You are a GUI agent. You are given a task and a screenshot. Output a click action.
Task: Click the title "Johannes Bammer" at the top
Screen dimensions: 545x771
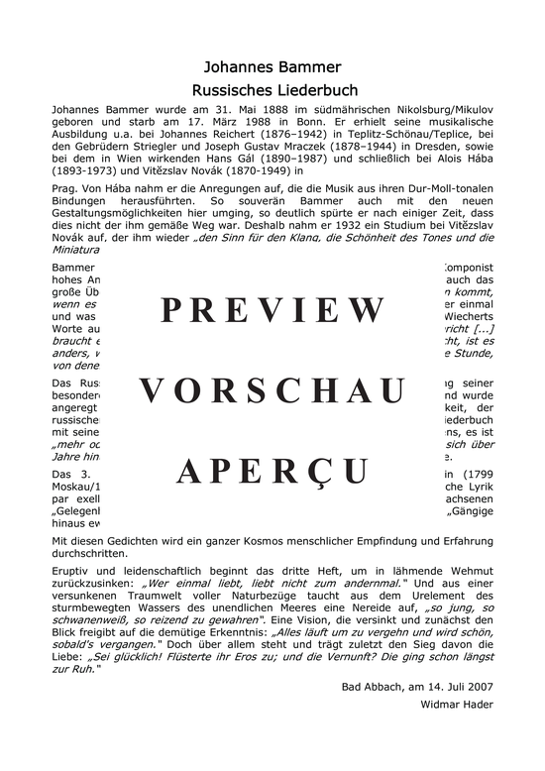click(x=272, y=68)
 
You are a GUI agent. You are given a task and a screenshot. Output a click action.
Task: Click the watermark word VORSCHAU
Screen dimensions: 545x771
click(x=272, y=391)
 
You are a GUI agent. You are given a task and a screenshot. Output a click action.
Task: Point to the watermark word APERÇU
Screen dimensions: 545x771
click(x=272, y=472)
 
